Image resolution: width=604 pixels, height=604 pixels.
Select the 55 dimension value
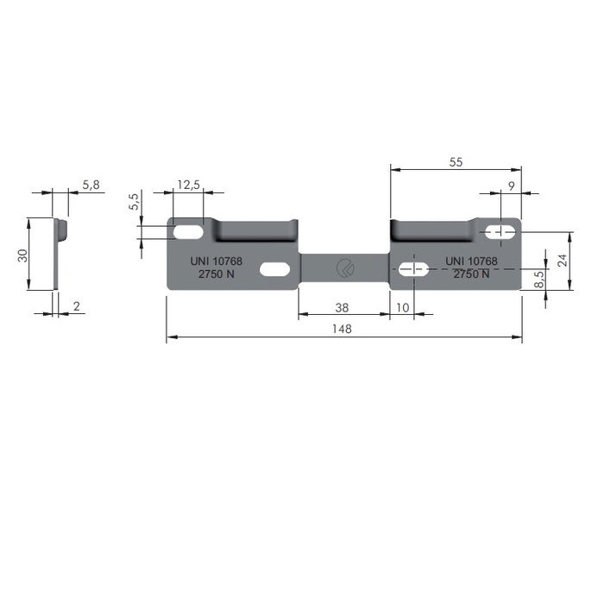coord(456,161)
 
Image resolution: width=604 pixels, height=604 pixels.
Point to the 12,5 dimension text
coord(188,185)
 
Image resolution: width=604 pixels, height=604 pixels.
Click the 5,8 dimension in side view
coord(91,185)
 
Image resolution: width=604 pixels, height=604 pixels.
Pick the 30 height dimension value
coord(23,255)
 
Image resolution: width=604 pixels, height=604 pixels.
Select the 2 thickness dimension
coord(77,306)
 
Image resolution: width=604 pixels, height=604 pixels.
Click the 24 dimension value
coord(563,261)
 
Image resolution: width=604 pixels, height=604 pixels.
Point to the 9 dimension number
coord(512,186)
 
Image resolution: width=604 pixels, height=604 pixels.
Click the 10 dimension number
coord(403,307)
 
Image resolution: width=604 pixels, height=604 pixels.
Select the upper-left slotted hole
coord(188,232)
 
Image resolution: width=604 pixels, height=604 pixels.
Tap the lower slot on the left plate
coord(274,270)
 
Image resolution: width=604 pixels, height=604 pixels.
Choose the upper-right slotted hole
coord(500,231)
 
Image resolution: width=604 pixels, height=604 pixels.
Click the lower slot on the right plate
coord(414,269)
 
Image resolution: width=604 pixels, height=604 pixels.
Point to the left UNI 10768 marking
coord(216,261)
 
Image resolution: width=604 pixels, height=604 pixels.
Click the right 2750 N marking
coord(471,274)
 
